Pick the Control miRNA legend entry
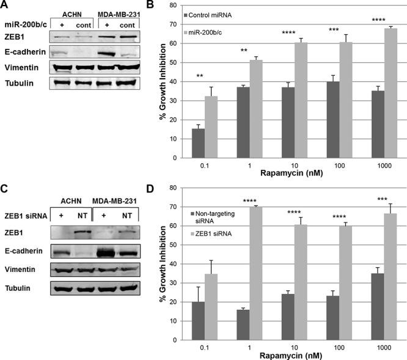[224, 13]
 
